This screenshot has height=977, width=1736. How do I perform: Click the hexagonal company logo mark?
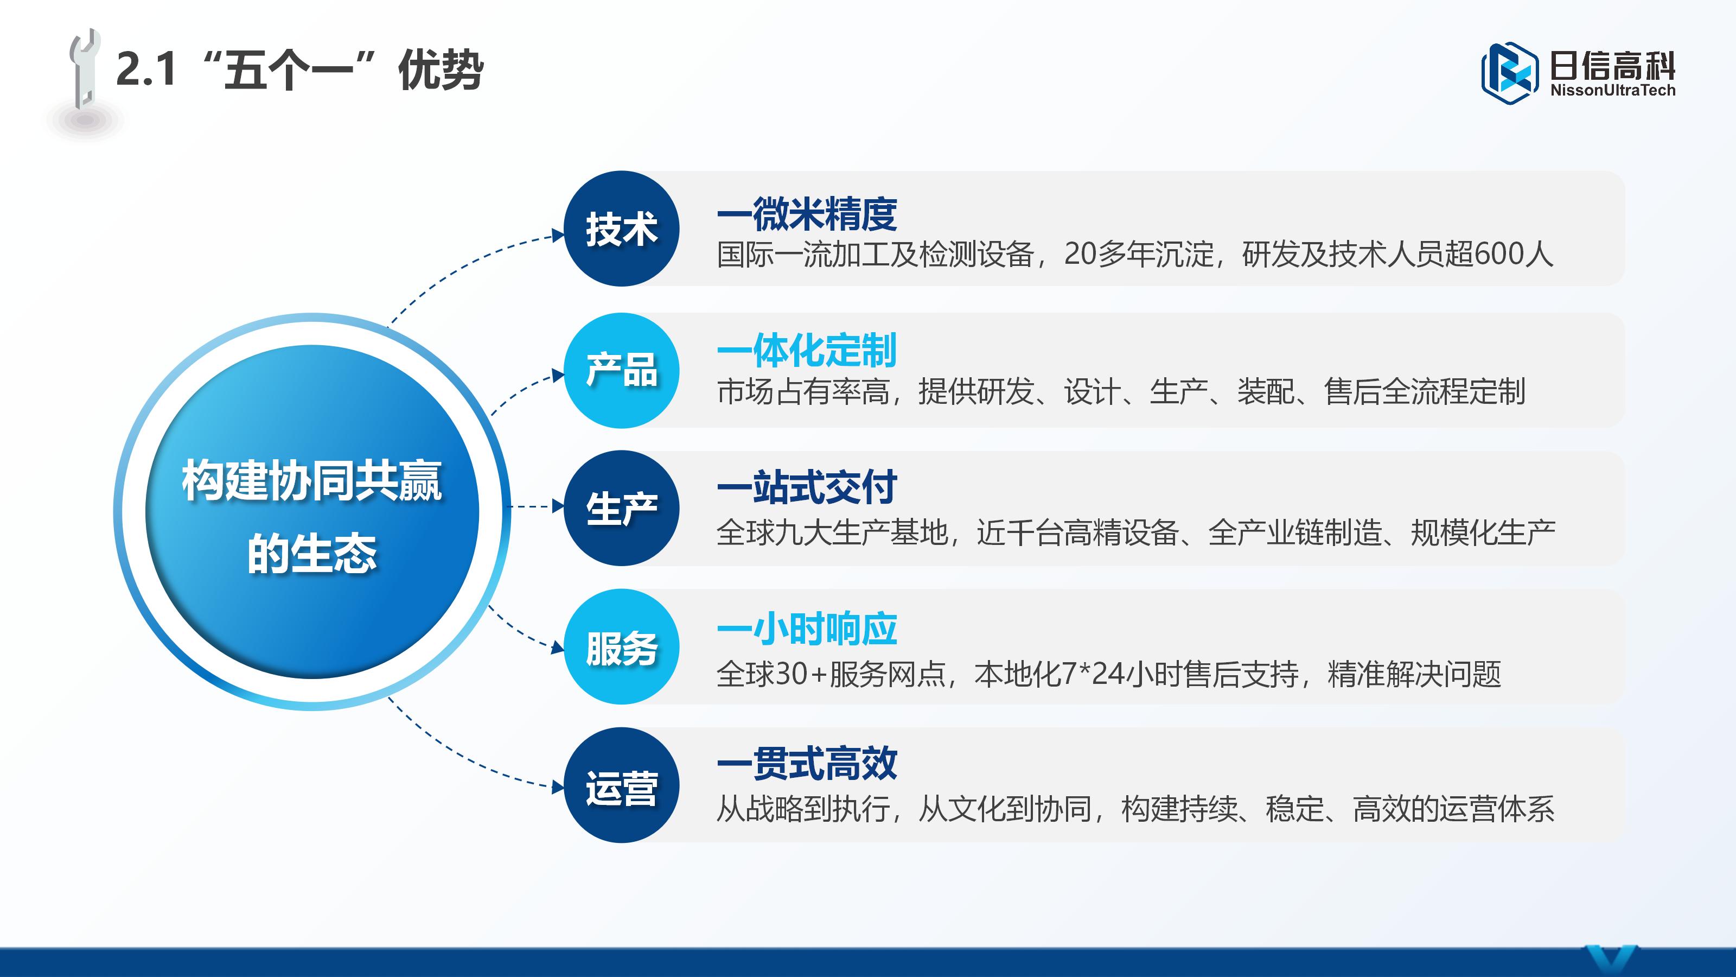(x=1510, y=73)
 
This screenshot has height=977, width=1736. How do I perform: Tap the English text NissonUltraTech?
(x=1613, y=90)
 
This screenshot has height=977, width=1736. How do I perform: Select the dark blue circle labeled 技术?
(x=621, y=229)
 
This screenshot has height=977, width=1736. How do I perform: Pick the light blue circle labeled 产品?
(x=621, y=370)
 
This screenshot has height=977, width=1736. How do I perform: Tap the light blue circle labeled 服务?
(x=621, y=646)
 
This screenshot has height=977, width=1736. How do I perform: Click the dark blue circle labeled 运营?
(x=621, y=785)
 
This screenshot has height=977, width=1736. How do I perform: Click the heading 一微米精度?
(x=807, y=214)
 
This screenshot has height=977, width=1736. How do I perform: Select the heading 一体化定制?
(x=807, y=350)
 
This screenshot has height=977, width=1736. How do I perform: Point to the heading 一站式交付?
(x=807, y=487)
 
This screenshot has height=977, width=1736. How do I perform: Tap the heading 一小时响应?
(x=807, y=629)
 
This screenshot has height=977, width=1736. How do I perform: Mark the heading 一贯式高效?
(x=807, y=763)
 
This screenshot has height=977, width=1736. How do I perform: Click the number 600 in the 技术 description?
(x=1499, y=254)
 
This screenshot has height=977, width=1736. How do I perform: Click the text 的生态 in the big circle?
(x=312, y=554)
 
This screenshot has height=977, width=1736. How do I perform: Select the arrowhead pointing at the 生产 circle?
(x=558, y=506)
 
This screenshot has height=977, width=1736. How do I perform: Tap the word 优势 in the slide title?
(x=440, y=69)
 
